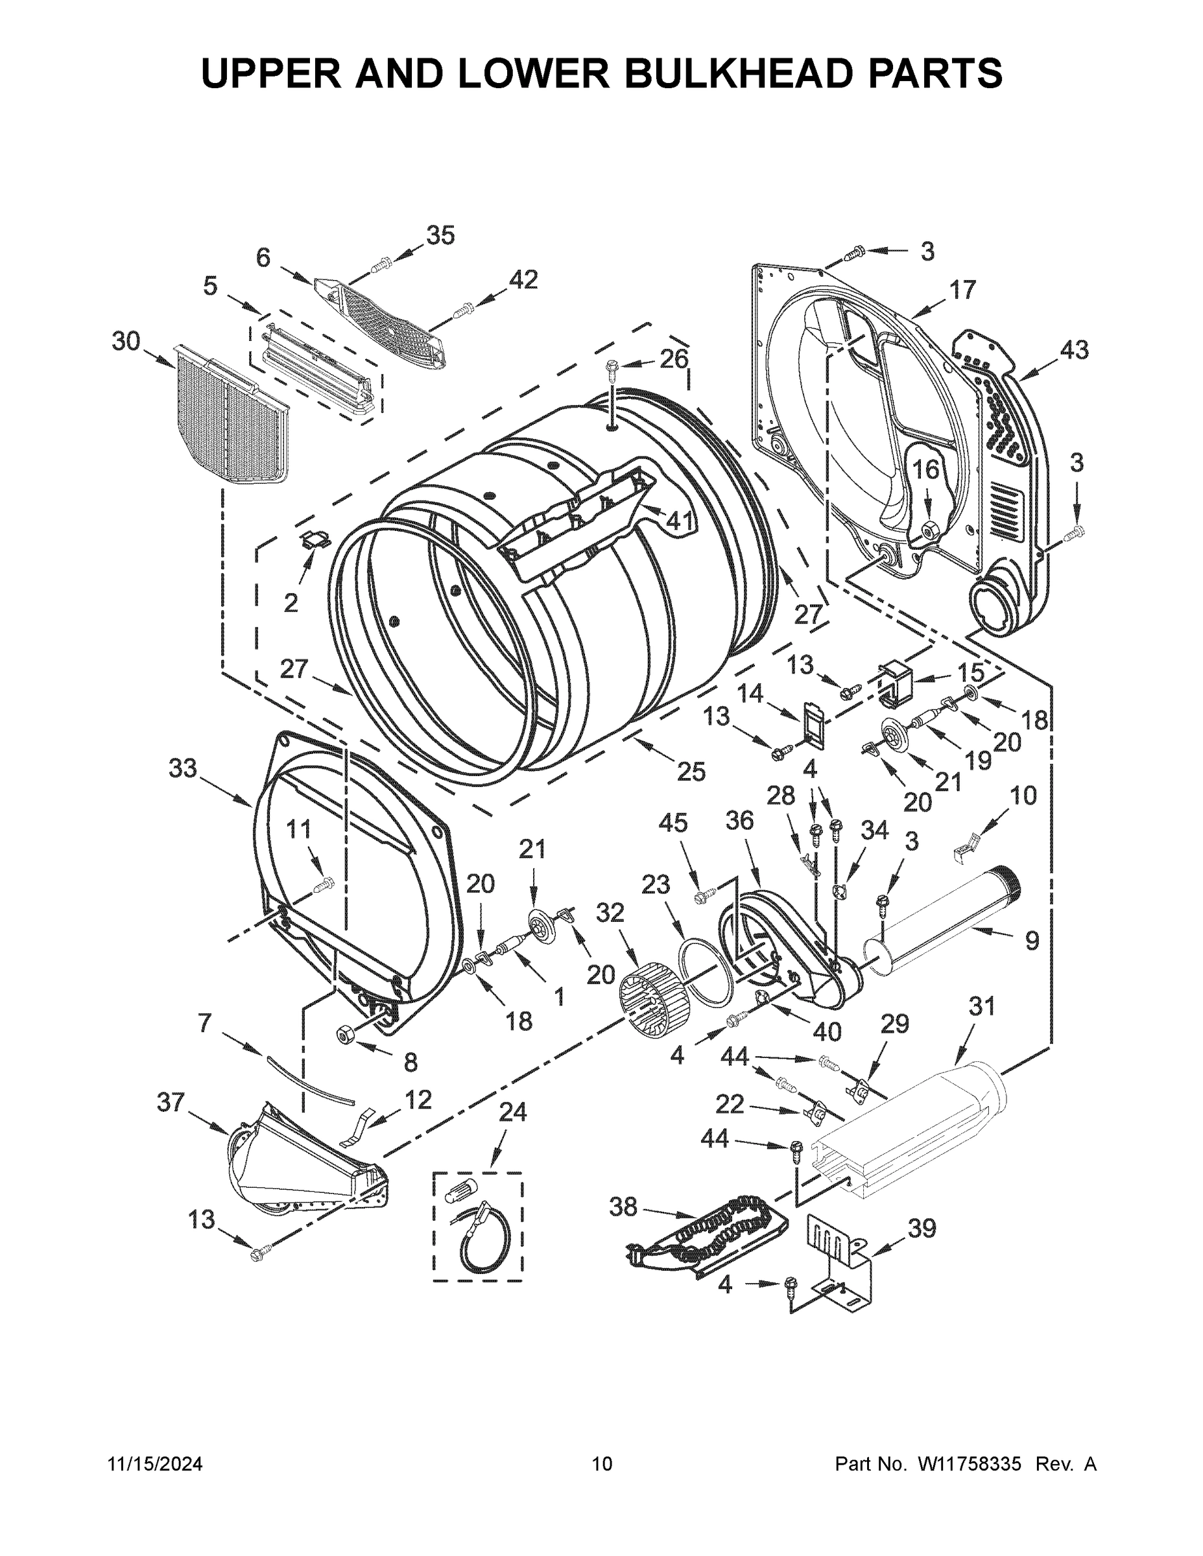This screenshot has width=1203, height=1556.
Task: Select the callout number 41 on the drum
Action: (678, 521)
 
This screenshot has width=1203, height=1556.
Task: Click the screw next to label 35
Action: (381, 265)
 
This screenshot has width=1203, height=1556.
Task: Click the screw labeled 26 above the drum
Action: (612, 367)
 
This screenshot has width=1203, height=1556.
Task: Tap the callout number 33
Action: (182, 769)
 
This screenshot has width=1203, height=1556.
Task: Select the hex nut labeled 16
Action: (929, 529)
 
